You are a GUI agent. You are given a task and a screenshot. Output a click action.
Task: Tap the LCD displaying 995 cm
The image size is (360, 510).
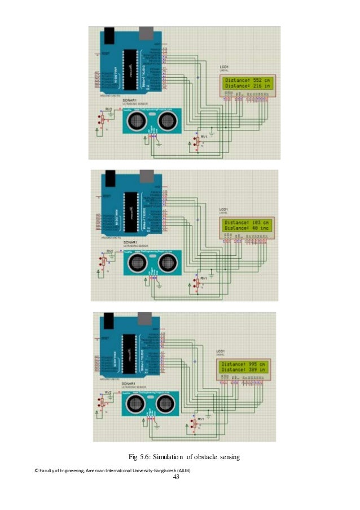click(246, 368)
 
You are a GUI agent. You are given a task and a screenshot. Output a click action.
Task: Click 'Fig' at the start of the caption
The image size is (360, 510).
click(134, 457)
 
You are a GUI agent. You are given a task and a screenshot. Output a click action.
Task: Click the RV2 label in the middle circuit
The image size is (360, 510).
click(109, 250)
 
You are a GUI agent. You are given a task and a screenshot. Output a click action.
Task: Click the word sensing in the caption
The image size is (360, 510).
click(229, 457)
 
